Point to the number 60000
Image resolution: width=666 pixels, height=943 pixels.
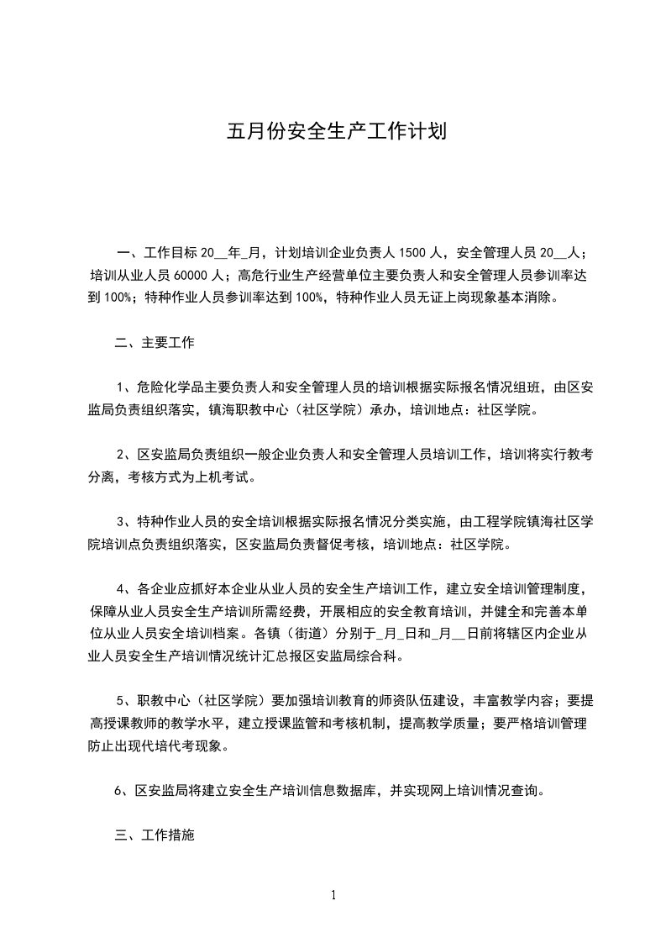195,274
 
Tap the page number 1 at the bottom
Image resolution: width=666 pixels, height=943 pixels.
333,894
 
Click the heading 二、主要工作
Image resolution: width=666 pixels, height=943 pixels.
155,342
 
